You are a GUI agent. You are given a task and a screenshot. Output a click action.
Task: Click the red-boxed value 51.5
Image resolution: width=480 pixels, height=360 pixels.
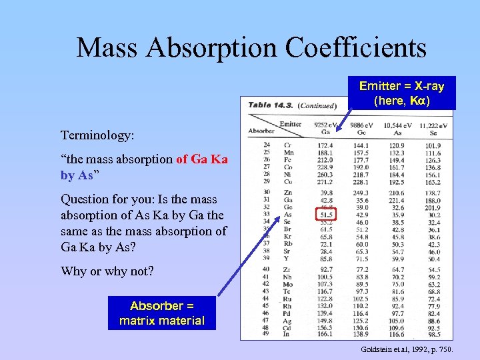coord(325,215)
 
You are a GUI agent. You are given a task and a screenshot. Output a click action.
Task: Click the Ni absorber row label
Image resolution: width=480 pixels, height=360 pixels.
coord(289,174)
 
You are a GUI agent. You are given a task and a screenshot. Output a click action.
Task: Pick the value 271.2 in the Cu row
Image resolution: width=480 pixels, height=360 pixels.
coord(325,182)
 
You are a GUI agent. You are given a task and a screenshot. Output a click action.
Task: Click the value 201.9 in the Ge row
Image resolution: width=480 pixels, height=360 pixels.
coord(433,207)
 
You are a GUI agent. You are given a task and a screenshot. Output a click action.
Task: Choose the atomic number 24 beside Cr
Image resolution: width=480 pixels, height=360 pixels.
coord(267,145)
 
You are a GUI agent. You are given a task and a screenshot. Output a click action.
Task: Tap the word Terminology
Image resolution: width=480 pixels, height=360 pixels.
coord(97,135)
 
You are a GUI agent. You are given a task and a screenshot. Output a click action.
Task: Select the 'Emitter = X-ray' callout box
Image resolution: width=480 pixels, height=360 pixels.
coord(401,93)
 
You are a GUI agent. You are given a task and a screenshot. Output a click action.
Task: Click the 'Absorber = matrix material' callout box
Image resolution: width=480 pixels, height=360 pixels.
coord(162,313)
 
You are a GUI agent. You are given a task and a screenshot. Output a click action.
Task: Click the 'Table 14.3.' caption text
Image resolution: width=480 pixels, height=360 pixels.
coord(269,105)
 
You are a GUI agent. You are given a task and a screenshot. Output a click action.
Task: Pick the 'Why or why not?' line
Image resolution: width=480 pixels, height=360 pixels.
coord(107,271)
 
